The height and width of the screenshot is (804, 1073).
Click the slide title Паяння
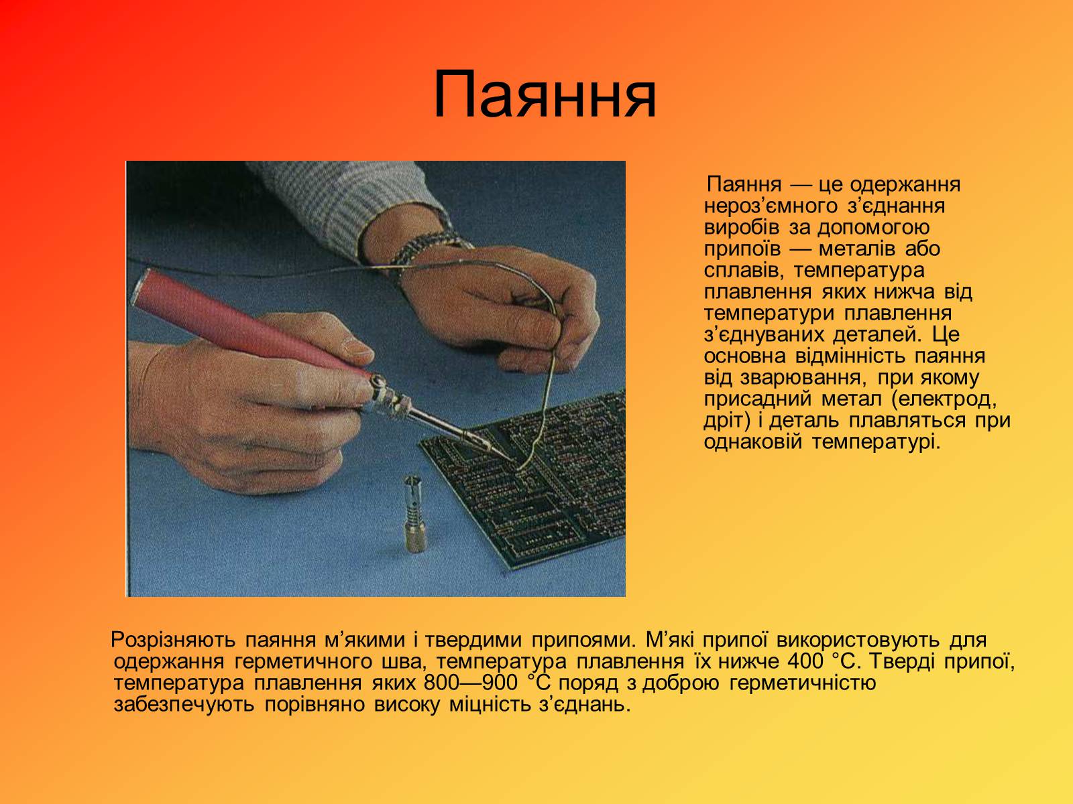click(x=545, y=94)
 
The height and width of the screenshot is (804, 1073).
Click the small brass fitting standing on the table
click(x=415, y=515)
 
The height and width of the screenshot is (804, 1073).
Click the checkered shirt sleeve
click(x=352, y=205)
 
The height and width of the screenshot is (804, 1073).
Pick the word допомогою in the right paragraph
click(x=873, y=228)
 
